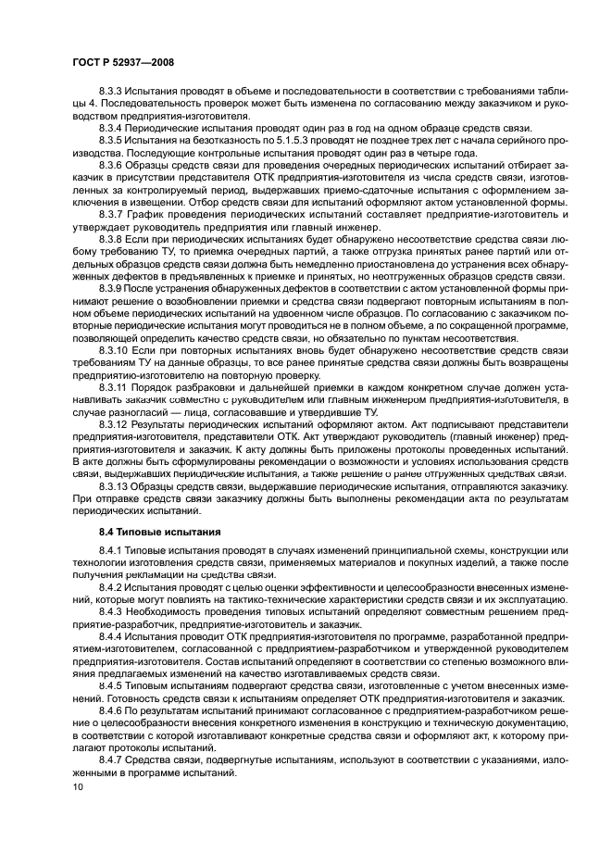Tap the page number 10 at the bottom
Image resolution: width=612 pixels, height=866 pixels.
76,785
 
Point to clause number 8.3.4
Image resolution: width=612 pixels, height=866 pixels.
112,127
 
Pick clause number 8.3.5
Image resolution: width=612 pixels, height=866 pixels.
112,139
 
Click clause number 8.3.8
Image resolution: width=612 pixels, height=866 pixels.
112,238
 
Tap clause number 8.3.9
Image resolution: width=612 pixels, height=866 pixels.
112,289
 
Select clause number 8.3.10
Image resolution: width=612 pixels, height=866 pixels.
115,352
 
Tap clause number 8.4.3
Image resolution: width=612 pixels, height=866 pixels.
112,612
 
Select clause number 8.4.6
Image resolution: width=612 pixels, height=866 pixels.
112,710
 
